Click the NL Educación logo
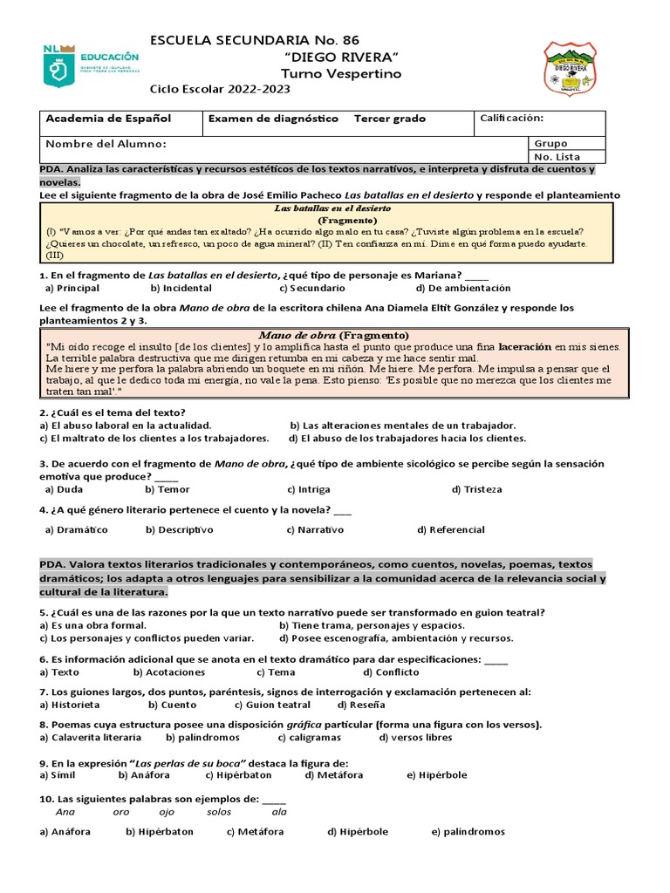click(91, 65)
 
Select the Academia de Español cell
click(108, 119)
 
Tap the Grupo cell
click(550, 143)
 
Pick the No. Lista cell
click(557, 157)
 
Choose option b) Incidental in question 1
click(181, 288)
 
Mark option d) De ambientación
click(463, 288)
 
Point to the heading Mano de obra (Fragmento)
click(333, 335)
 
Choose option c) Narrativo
click(315, 529)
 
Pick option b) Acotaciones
click(169, 672)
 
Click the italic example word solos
click(219, 812)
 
